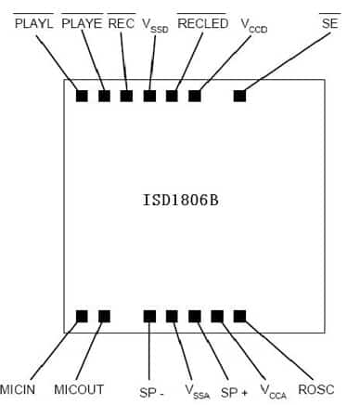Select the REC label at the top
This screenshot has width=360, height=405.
pyautogui.click(x=122, y=23)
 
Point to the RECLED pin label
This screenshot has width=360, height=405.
pyautogui.click(x=202, y=23)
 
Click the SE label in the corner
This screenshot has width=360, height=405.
pyautogui.click(x=328, y=23)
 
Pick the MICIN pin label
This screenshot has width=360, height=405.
pyautogui.click(x=18, y=388)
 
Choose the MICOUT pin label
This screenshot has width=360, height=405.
pyautogui.click(x=79, y=388)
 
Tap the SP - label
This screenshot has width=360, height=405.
pyautogui.click(x=151, y=389)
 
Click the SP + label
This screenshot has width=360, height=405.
pyautogui.click(x=234, y=389)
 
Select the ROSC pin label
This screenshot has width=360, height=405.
pyautogui.click(x=315, y=388)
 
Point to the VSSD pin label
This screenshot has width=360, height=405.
pyautogui.click(x=157, y=26)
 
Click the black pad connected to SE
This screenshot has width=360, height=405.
pyautogui.click(x=239, y=95)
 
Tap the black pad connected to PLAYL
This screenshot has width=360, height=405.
pyautogui.click(x=82, y=95)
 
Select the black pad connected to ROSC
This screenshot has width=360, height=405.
pyautogui.click(x=239, y=316)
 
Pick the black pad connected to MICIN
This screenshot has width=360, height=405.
pyautogui.click(x=82, y=316)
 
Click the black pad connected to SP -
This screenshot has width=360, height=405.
pyautogui.click(x=149, y=316)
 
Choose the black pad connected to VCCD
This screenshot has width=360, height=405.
pyautogui.click(x=195, y=95)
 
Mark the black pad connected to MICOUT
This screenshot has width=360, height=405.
pyautogui.click(x=104, y=316)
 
